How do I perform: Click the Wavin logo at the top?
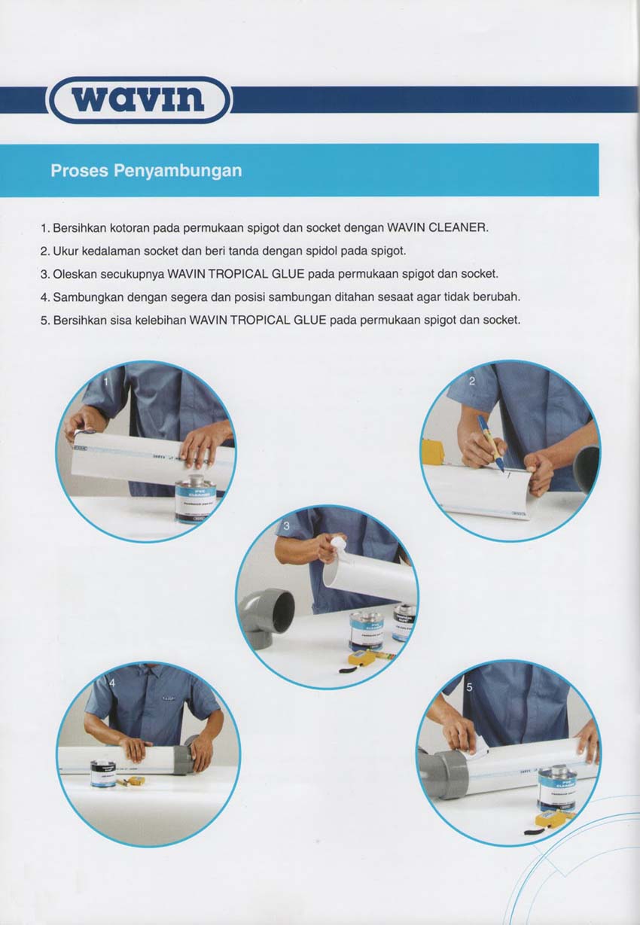tap(139, 99)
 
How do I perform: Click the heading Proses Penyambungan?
tap(146, 170)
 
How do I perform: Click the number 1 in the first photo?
tap(107, 382)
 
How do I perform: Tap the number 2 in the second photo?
tap(472, 381)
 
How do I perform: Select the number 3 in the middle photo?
tap(286, 525)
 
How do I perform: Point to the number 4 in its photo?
tap(112, 683)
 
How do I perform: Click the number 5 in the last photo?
tap(470, 687)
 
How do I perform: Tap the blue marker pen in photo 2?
tap(490, 443)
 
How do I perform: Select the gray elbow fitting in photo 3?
tap(268, 614)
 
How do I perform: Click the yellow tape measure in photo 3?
tap(361, 659)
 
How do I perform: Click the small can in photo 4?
tap(103, 773)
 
